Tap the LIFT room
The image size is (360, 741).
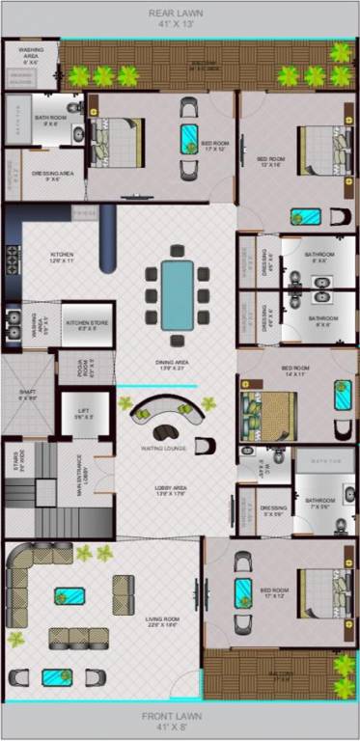pos(83,413)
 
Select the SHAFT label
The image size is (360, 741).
pos(27,394)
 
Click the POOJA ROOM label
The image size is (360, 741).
pos(69,366)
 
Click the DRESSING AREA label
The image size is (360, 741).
pos(46,177)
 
